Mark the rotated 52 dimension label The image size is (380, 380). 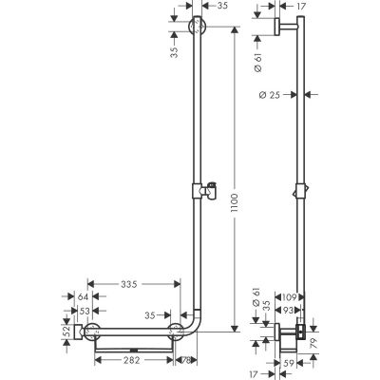tap(66, 332)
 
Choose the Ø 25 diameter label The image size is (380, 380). tap(268, 94)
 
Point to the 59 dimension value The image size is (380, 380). tap(286, 361)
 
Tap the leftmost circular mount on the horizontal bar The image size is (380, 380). tap(92, 332)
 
